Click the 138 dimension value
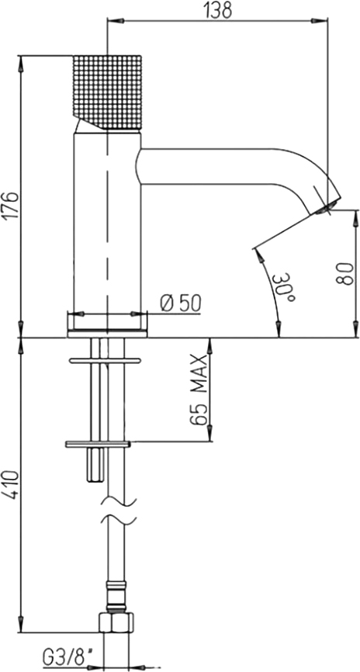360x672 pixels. click(218, 10)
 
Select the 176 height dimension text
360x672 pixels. click(12, 206)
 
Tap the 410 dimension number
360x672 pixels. click(12, 485)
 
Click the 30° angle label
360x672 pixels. click(286, 287)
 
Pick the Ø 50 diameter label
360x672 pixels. click(181, 304)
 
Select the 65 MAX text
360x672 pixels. click(199, 390)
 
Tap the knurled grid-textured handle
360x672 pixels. click(107, 92)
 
